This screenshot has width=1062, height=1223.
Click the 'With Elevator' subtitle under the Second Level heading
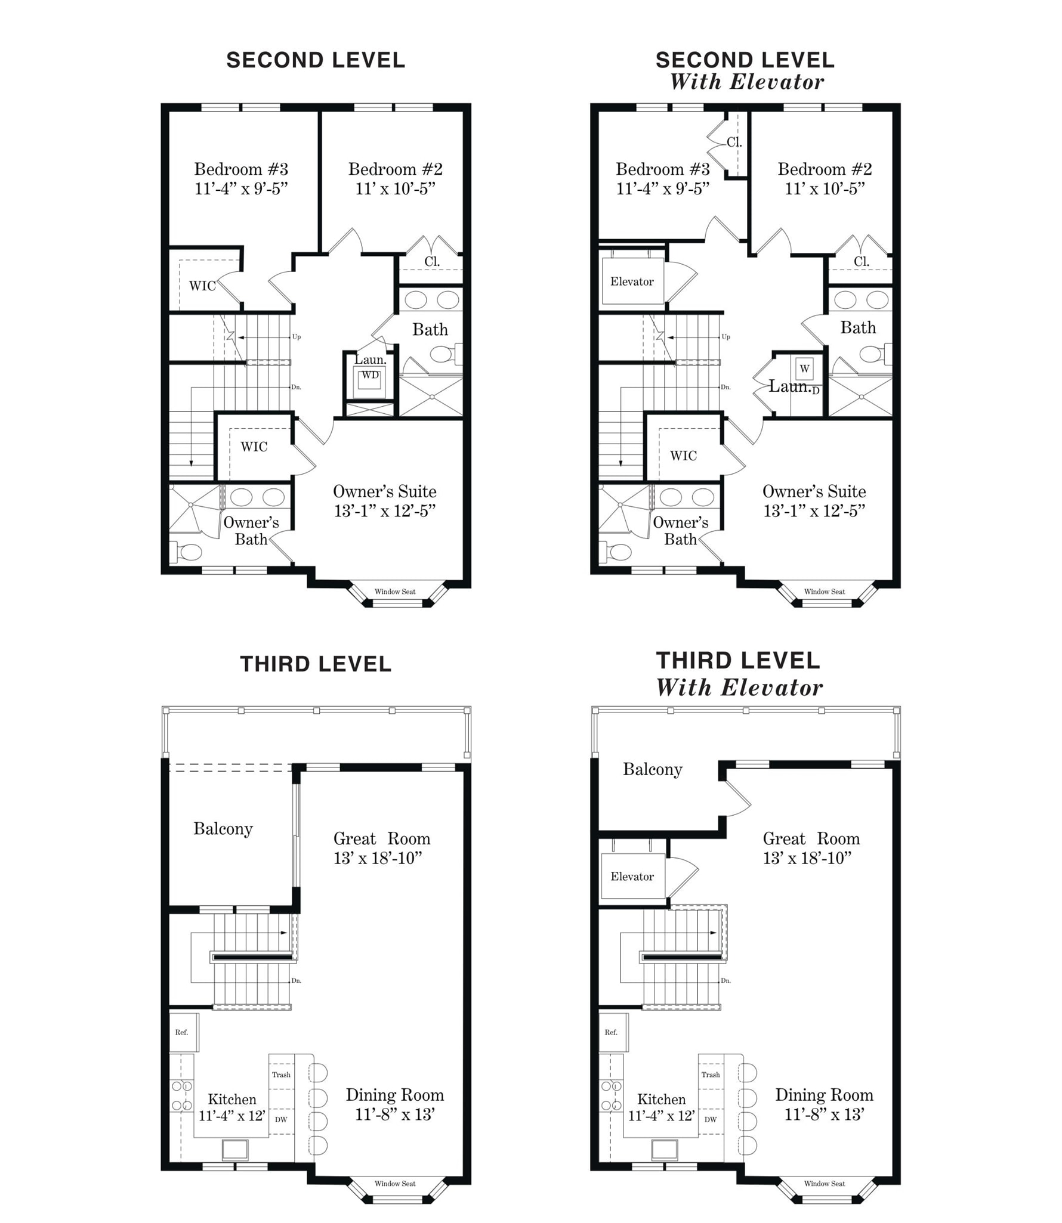pos(746,82)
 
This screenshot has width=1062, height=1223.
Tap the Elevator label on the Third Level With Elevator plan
pos(632,876)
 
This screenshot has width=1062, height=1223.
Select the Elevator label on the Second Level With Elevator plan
pos(632,281)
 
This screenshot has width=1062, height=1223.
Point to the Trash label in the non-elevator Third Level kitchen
pos(281,1075)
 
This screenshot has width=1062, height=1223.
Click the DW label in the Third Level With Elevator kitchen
pos(711,1119)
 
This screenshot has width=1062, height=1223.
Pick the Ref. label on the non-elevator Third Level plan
pos(181,1032)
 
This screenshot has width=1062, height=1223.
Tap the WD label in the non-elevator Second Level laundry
pos(370,375)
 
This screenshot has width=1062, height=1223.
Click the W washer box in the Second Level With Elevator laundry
pos(804,369)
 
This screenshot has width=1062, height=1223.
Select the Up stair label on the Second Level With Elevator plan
pos(726,337)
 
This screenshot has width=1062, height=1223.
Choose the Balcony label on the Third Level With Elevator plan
pos(653,770)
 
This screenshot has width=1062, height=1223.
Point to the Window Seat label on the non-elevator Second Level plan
pos(395,592)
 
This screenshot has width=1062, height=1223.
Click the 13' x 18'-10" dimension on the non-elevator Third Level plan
pos(378,858)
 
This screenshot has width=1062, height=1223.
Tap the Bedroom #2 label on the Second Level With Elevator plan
pos(825,169)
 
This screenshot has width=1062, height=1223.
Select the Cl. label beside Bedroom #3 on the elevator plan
pos(734,143)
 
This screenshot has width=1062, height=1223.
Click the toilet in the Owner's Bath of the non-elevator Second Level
pos(186,552)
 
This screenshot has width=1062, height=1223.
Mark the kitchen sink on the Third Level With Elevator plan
pos(665,1150)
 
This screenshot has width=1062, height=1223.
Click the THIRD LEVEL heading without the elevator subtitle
pos(316,664)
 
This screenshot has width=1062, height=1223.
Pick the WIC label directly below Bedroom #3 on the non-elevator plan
pos(202,286)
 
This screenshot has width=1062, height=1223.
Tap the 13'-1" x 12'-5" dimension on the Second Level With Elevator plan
pos(814,511)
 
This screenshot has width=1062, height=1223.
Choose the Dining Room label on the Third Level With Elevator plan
pos(824,1095)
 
